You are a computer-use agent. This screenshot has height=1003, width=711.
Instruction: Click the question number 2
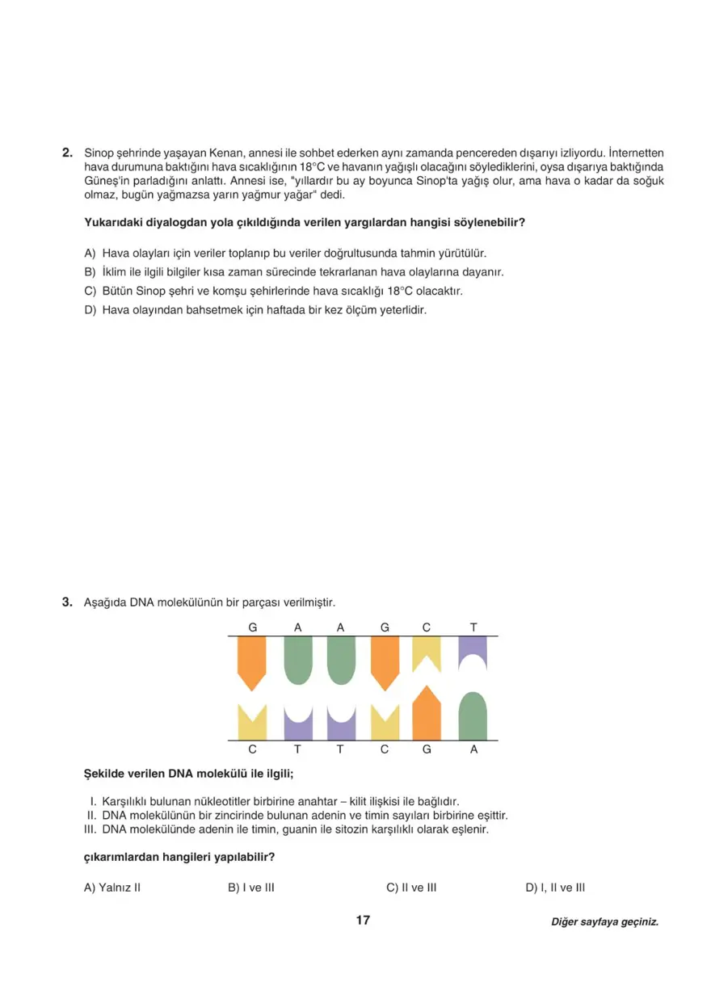pos(68,153)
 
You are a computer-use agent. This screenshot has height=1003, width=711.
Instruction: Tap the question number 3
pos(68,602)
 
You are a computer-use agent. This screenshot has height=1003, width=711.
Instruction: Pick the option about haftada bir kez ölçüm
pos(255,310)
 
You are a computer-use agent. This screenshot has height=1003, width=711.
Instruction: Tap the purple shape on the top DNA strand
pos(473,652)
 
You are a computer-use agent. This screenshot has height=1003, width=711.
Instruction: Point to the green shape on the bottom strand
pos(473,716)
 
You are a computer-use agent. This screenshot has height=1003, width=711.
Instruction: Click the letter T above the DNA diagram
pos(473,627)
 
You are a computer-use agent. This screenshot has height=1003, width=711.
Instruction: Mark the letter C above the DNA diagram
pos(427,627)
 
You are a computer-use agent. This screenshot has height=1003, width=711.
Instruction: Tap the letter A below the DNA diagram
pos(473,749)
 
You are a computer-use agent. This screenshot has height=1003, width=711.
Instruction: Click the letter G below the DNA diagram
pos(427,749)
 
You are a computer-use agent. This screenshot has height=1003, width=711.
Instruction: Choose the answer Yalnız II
pos(112,888)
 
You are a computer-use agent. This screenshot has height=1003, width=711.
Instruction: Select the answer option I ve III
pos(251,888)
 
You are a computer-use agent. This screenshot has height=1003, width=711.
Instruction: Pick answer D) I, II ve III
pos(555,888)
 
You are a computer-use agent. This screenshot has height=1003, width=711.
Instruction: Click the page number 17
pos(362,921)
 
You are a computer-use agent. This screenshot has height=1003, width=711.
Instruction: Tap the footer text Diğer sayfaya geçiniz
pos(604,921)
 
